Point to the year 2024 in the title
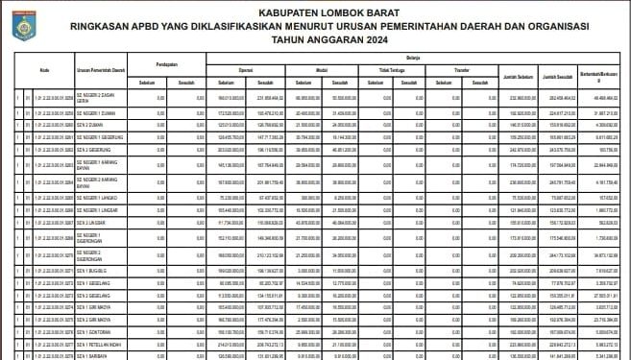(370, 42)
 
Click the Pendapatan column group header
(169, 64)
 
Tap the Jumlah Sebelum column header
(518, 75)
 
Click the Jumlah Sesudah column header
(563, 75)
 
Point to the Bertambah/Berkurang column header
(605, 77)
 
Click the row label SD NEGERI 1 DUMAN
(99, 111)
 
